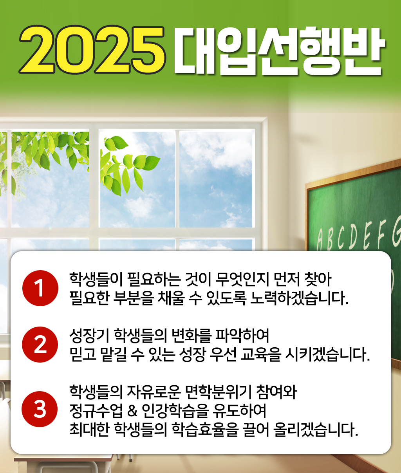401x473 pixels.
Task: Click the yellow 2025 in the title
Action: [92, 50]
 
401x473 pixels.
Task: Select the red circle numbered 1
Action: [40, 288]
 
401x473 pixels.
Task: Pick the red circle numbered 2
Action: [40, 345]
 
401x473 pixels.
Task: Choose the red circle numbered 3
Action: [40, 409]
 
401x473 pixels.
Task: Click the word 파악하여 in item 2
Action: [242, 336]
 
